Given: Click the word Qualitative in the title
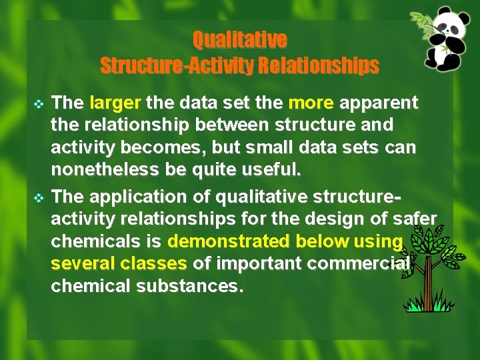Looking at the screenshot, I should tap(239, 41).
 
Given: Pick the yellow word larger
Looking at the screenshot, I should tap(115, 103).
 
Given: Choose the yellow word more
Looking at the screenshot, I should tap(311, 103).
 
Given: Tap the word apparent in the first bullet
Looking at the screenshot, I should tap(379, 103).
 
